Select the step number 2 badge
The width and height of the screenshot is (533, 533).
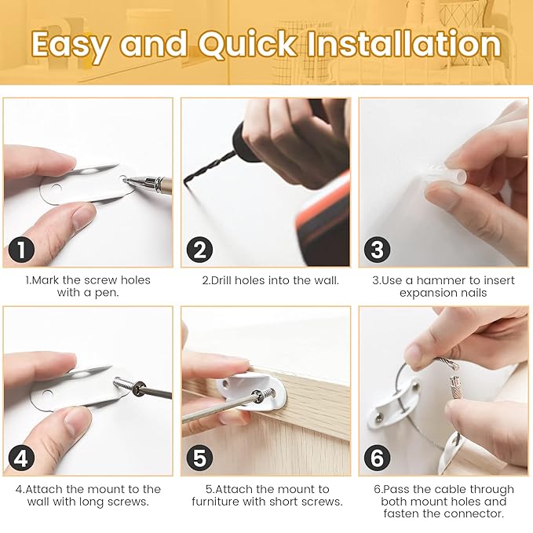click(199, 251)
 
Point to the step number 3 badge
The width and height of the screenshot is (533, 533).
click(378, 251)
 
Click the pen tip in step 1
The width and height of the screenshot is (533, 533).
click(127, 180)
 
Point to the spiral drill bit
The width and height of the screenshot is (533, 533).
click(208, 168)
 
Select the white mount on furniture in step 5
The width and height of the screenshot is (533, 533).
click(243, 389)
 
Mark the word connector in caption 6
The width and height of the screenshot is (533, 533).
click(474, 513)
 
